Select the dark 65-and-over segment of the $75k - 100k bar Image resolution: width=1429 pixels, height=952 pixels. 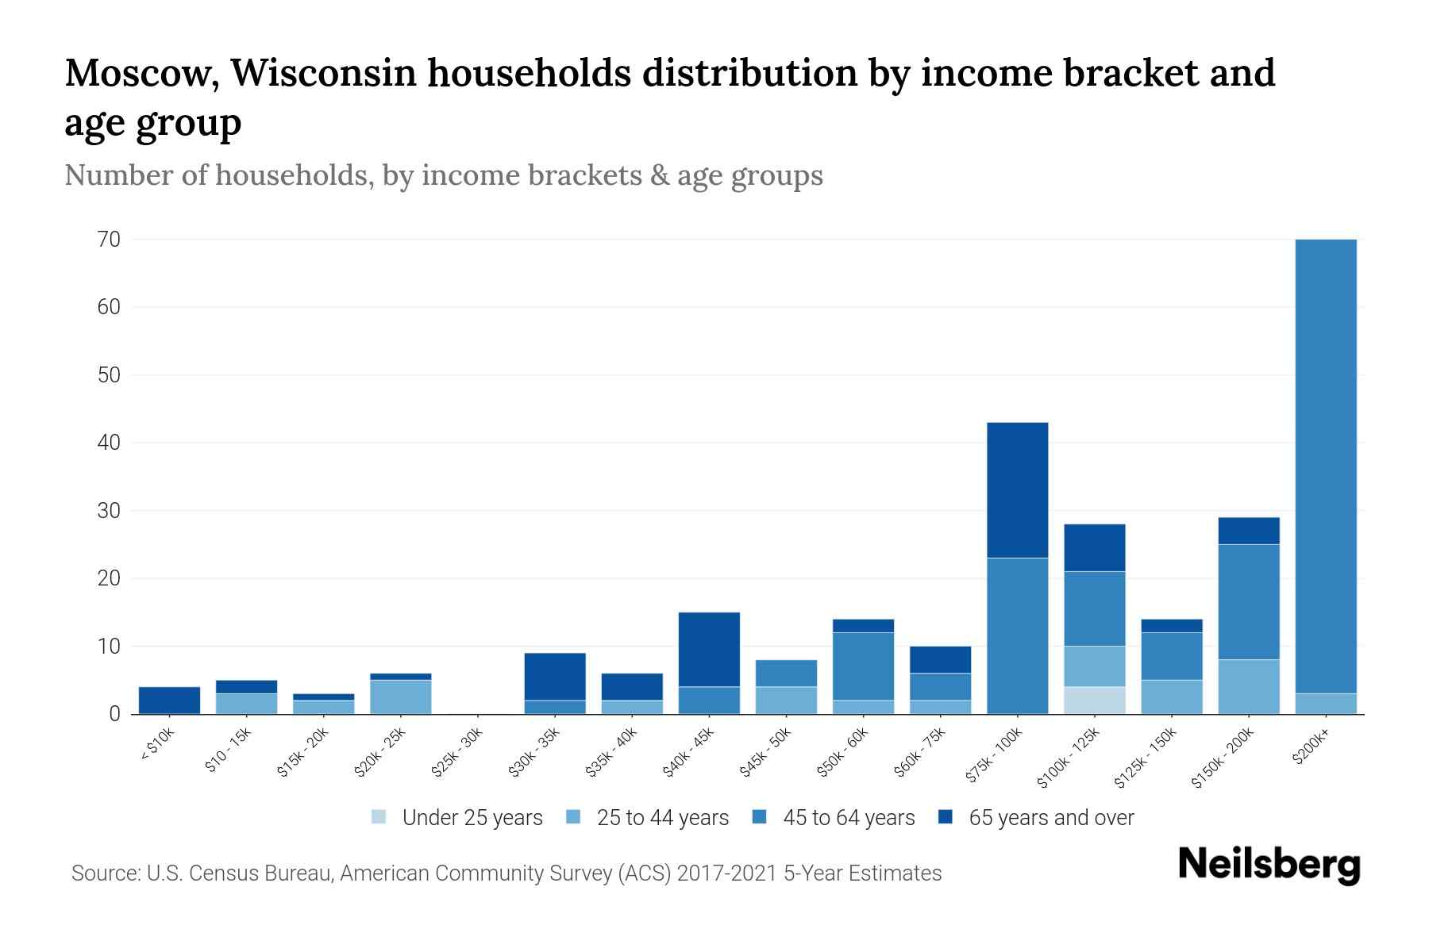click(1017, 489)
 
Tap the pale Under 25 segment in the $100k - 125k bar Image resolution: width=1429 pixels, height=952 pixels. click(1094, 700)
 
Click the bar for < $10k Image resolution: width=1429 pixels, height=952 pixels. click(169, 700)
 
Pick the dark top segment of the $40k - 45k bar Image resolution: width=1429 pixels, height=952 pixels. click(709, 649)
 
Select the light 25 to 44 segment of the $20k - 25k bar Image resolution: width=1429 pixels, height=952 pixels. click(400, 697)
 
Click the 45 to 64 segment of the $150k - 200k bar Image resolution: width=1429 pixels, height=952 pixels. click(1249, 601)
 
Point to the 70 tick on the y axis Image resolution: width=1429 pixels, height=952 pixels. click(109, 240)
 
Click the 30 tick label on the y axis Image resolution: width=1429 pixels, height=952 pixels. click(109, 511)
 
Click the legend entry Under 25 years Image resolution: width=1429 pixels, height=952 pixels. click(472, 818)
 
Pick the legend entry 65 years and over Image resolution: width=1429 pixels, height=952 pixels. click(1050, 818)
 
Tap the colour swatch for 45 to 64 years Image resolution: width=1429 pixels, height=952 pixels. click(759, 817)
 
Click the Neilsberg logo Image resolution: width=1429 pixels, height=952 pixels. click(1269, 865)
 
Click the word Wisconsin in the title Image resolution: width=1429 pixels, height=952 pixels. click(325, 73)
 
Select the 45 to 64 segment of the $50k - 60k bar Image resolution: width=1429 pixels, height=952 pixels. click(863, 666)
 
